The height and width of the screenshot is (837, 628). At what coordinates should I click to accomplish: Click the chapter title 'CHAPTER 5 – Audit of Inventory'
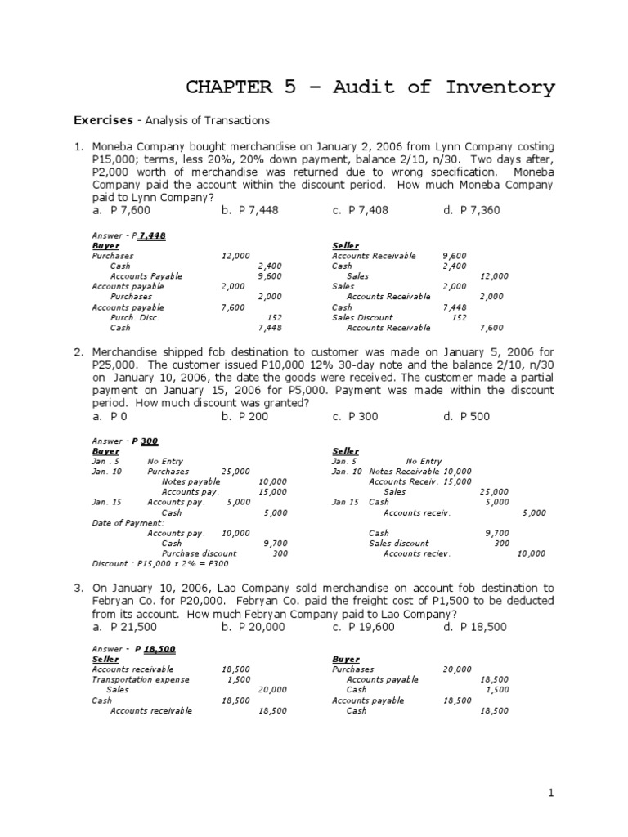click(x=370, y=87)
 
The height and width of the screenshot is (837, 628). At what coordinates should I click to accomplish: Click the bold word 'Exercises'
click(x=103, y=120)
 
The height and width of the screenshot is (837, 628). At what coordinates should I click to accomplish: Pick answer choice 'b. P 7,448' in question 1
click(x=249, y=210)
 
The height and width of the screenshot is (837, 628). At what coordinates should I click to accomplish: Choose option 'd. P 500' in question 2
click(x=467, y=416)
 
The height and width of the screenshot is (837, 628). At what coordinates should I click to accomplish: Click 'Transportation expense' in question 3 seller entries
click(x=140, y=679)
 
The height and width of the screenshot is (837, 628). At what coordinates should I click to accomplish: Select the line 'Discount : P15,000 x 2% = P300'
click(x=159, y=563)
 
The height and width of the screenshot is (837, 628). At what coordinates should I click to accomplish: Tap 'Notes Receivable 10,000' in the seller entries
click(x=420, y=472)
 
